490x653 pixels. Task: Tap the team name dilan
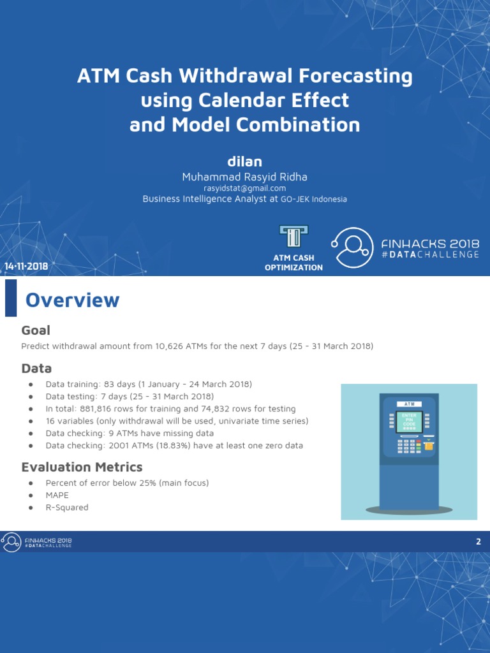pos(245,161)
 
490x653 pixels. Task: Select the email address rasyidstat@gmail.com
pos(245,188)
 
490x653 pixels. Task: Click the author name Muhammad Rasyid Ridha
pos(245,177)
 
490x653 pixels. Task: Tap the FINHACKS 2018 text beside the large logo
pos(430,244)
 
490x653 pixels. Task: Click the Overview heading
pos(72,300)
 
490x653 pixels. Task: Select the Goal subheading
pos(36,330)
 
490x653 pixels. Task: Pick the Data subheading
pos(36,369)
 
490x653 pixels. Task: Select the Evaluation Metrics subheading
pos(82,467)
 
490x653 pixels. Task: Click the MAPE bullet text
pos(57,495)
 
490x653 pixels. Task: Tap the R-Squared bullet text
pos(67,508)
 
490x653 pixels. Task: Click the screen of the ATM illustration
pos(409,422)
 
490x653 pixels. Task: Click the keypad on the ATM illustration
pos(408,445)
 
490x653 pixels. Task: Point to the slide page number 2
pos(478,542)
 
